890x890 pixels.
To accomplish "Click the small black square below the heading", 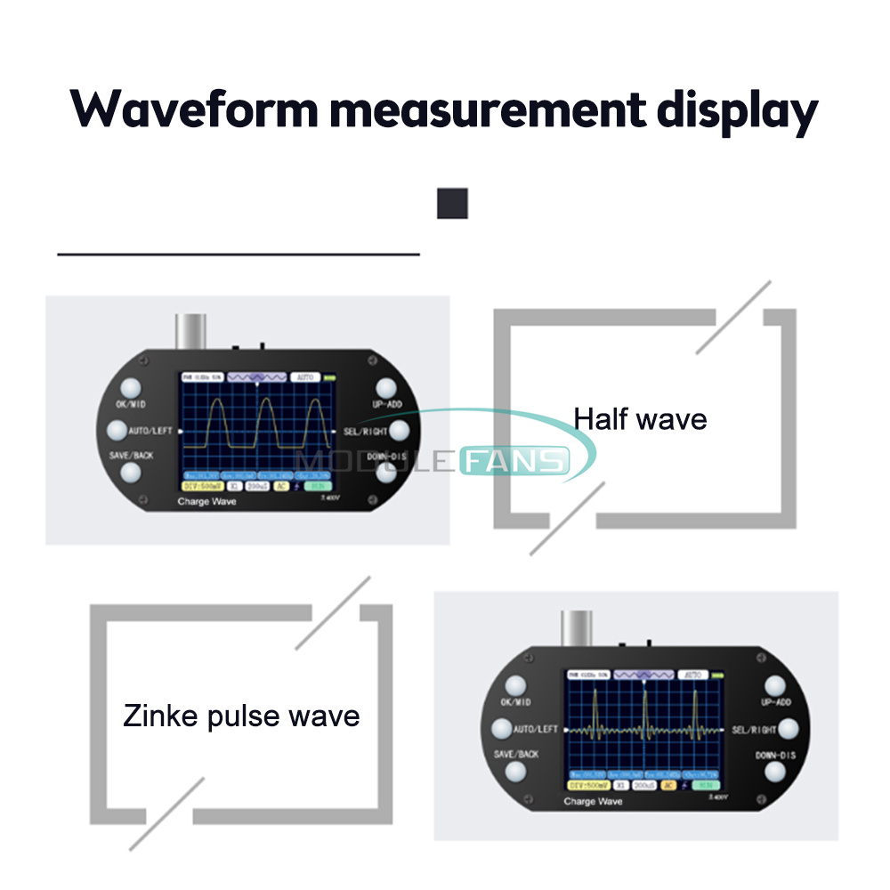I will [452, 203].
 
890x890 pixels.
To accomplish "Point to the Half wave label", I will [640, 418].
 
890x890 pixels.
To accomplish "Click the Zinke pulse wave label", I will [241, 716].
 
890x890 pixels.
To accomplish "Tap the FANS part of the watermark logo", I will [526, 461].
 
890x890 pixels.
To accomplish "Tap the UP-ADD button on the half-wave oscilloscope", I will [386, 389].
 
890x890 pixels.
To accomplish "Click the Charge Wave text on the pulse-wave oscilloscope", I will [594, 802].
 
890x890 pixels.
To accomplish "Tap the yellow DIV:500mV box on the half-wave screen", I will [201, 487].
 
